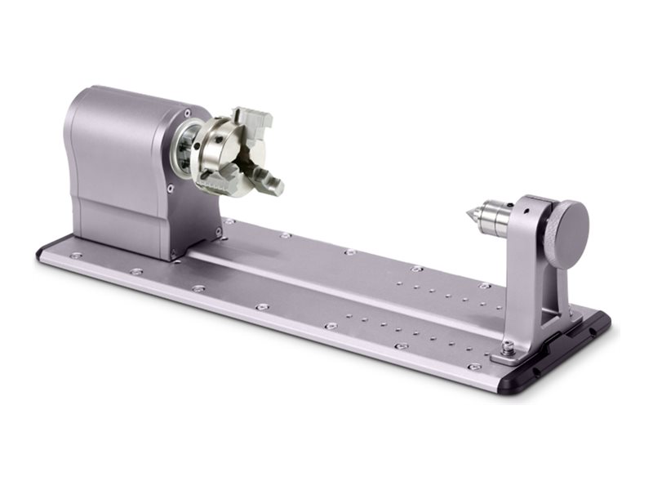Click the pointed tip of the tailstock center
(x=468, y=215)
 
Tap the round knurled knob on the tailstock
(x=566, y=234)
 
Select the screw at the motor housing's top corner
(x=187, y=113)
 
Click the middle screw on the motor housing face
(x=171, y=189)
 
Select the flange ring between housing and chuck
(x=186, y=151)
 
